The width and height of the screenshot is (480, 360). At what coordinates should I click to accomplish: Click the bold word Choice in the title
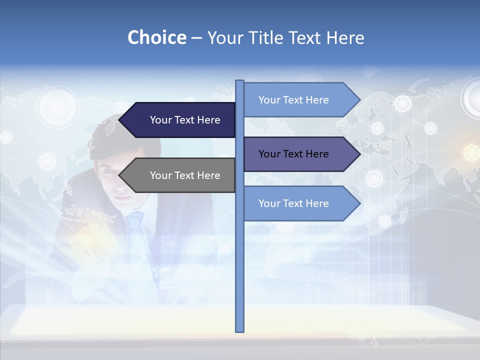[x=156, y=37]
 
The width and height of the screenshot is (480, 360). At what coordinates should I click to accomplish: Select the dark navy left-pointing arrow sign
[x=180, y=120]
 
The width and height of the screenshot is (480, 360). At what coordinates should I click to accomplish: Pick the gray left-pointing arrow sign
[x=180, y=175]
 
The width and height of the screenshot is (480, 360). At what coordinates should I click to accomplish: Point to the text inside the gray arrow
[x=185, y=175]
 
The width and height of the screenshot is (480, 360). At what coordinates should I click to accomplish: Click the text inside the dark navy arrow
[x=185, y=120]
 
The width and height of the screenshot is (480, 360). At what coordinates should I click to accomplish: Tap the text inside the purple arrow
[x=293, y=154]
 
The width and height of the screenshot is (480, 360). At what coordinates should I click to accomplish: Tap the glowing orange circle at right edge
[x=471, y=152]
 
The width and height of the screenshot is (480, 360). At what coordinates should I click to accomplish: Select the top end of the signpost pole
[x=240, y=82]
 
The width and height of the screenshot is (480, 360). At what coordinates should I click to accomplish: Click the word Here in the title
[x=344, y=37]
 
